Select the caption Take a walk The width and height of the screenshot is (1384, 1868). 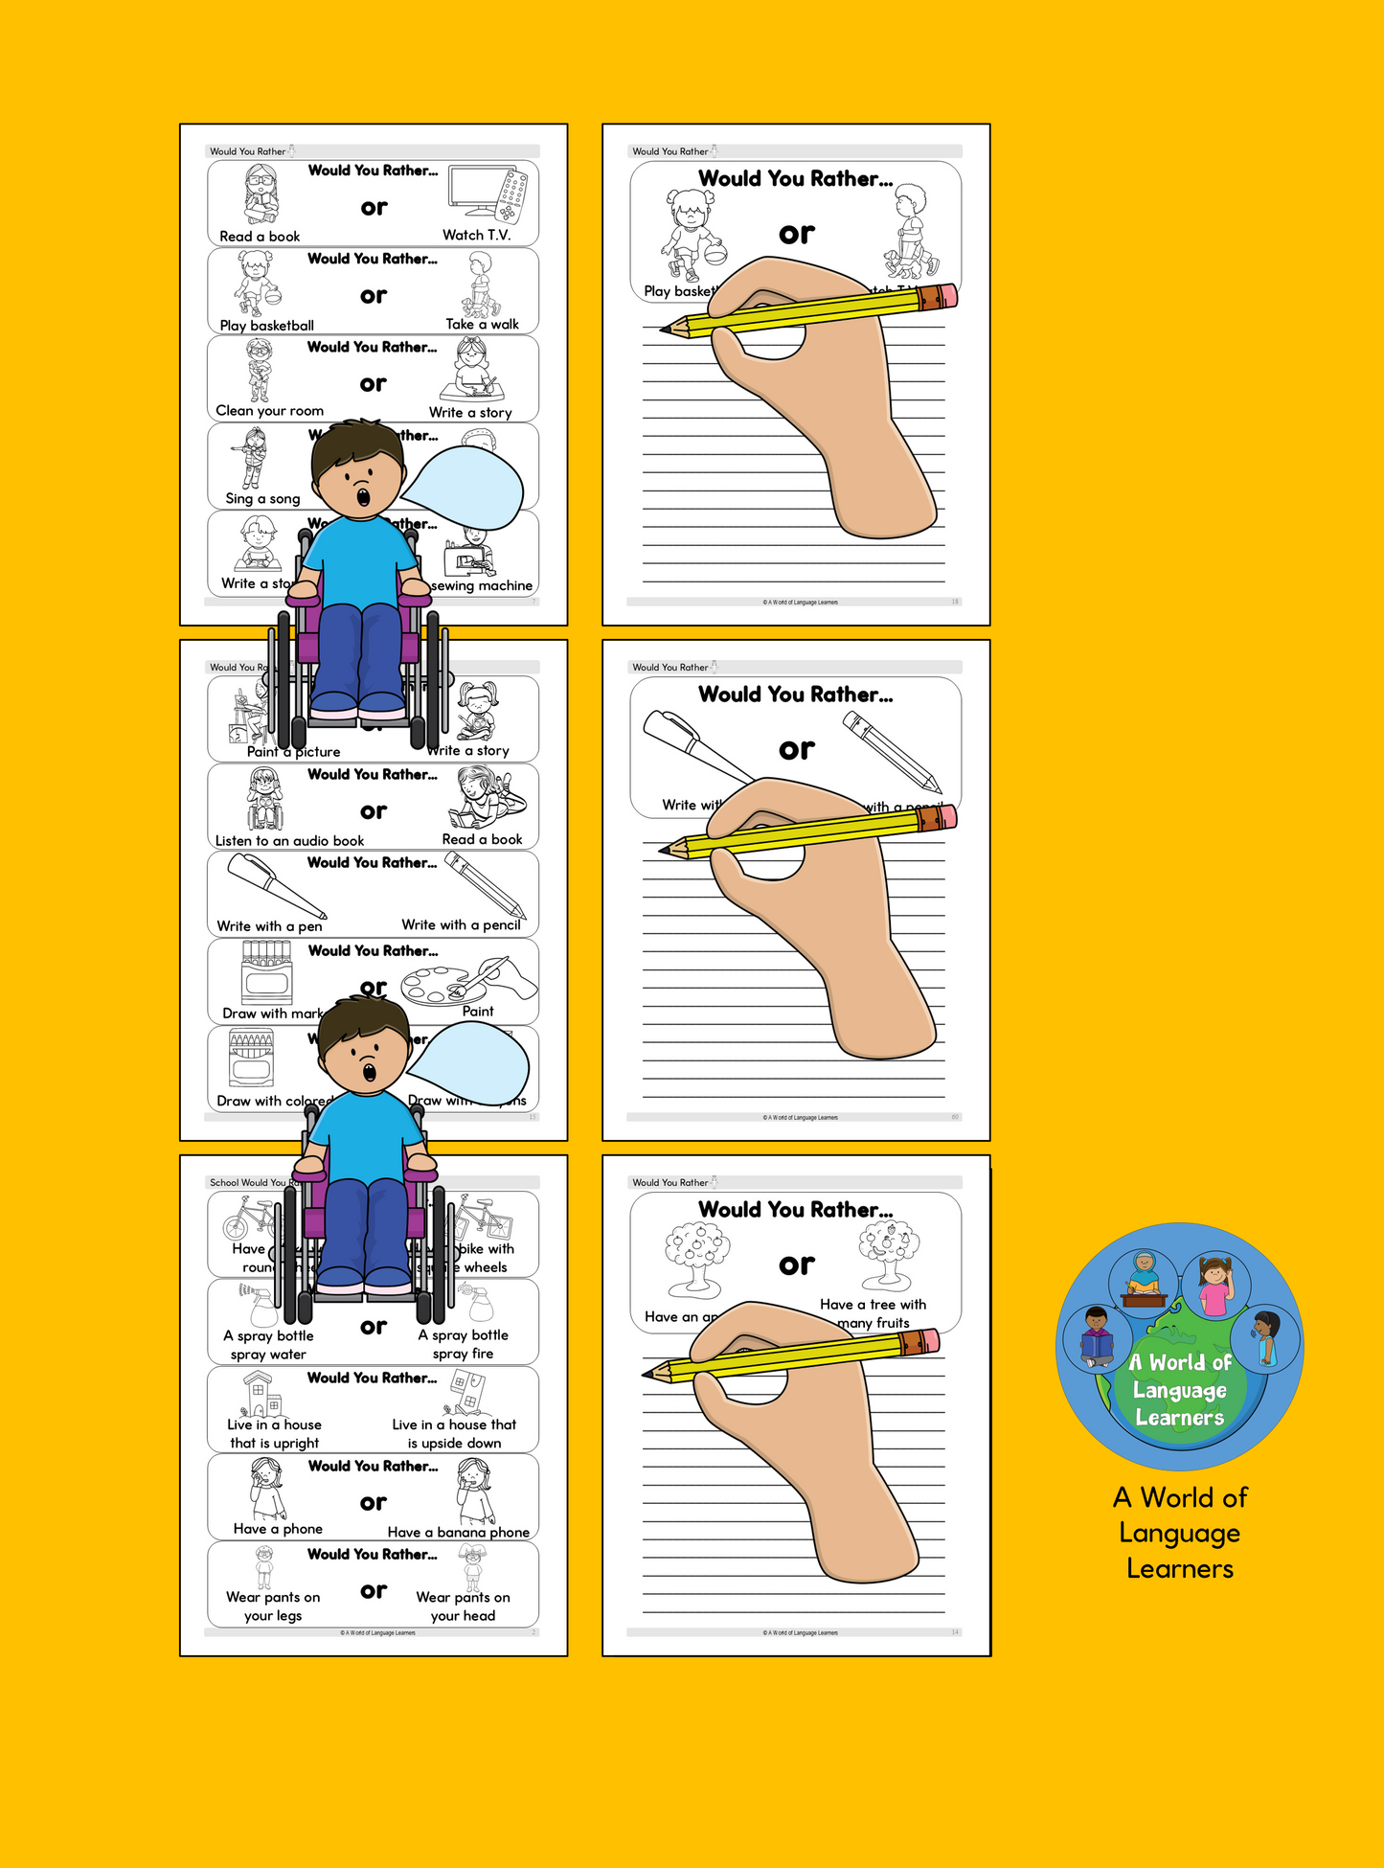tap(482, 324)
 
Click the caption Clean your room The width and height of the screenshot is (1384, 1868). tap(270, 411)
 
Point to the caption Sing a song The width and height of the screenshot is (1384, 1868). tap(262, 498)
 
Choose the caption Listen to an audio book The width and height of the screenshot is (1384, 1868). tap(289, 841)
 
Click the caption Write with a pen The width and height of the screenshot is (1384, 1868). tap(269, 926)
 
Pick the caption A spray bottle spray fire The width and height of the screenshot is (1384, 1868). tap(464, 1344)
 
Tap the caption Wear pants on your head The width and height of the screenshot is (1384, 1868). tap(463, 1606)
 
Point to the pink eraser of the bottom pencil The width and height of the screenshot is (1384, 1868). tap(930, 1340)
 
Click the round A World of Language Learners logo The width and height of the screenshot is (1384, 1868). tap(1179, 1346)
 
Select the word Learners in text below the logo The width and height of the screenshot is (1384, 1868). tap(1180, 1568)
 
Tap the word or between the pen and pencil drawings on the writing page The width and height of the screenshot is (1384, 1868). tap(797, 749)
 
